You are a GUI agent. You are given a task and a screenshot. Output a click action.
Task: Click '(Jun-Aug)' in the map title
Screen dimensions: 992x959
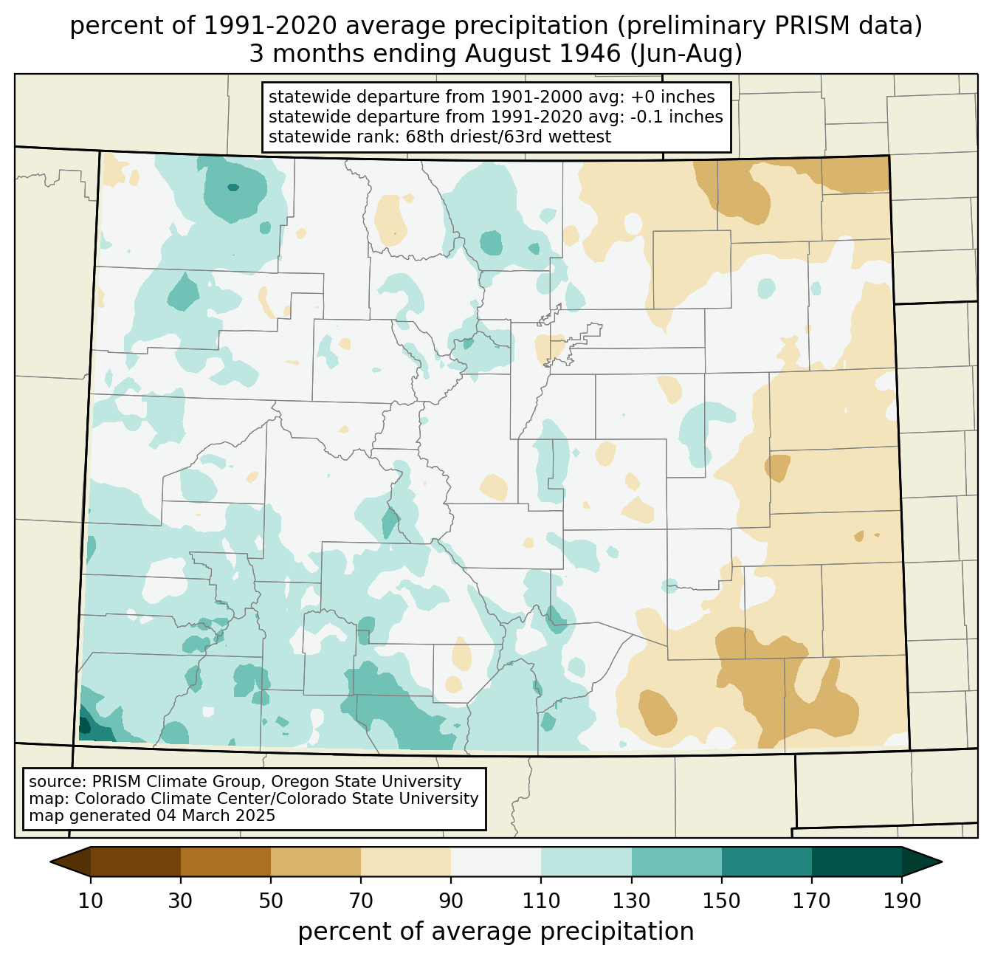coord(686,54)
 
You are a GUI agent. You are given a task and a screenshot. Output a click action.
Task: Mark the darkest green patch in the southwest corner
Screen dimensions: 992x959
coord(85,726)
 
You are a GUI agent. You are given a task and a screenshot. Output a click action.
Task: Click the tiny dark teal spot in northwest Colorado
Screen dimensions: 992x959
coord(233,187)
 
